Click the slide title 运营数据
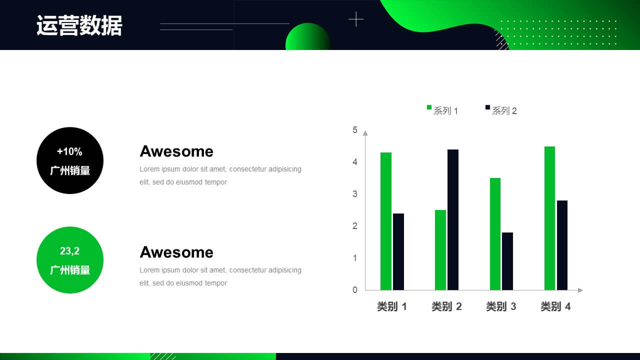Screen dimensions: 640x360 click(79, 25)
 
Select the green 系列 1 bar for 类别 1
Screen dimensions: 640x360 click(386, 221)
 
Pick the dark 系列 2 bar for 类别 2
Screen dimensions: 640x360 click(453, 219)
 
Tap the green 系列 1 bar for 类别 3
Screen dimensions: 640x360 click(495, 234)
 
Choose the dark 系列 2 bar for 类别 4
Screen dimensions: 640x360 click(562, 245)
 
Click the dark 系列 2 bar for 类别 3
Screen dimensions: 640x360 click(507, 261)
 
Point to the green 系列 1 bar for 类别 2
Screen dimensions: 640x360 click(440, 250)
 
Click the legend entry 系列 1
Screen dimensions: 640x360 click(442, 110)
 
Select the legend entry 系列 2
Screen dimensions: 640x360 click(501, 110)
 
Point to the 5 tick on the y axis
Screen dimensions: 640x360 click(355, 130)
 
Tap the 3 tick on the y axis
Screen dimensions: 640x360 click(355, 194)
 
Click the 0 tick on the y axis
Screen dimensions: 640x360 click(355, 290)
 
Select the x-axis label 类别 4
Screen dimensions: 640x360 click(555, 306)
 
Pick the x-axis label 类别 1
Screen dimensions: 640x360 click(391, 306)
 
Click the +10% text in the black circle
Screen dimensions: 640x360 click(69, 151)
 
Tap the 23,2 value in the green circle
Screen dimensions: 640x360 click(69, 251)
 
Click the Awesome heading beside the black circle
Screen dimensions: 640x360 click(176, 151)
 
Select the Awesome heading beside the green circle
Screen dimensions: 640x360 click(176, 252)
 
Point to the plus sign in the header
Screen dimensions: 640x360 click(356, 19)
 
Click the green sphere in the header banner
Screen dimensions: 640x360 click(308, 36)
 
